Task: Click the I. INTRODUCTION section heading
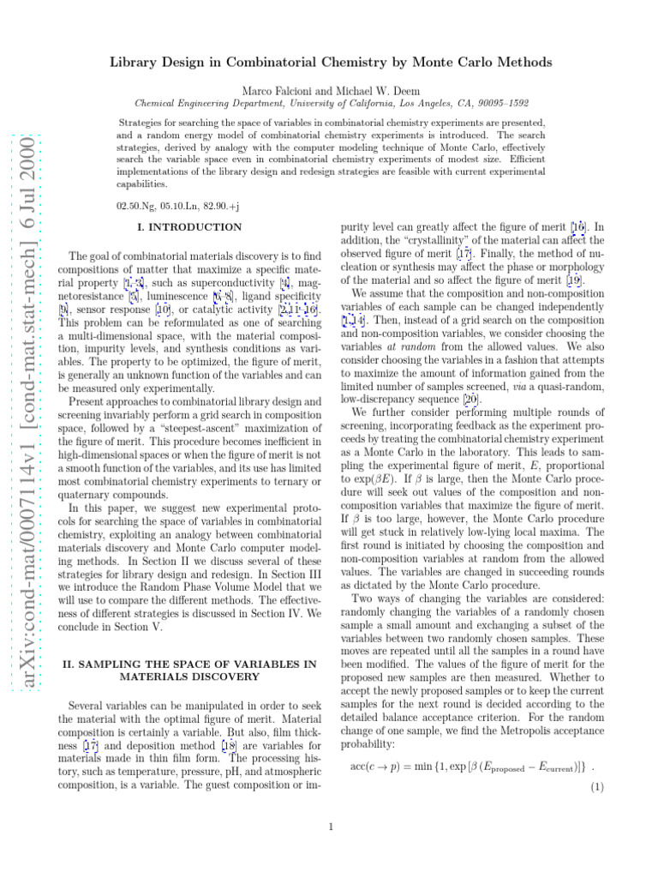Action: pyautogui.click(x=189, y=227)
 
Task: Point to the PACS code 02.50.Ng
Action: pyautogui.click(x=139, y=207)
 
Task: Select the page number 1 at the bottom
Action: pyautogui.click(x=330, y=827)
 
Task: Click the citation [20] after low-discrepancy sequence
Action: pyautogui.click(x=470, y=400)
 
